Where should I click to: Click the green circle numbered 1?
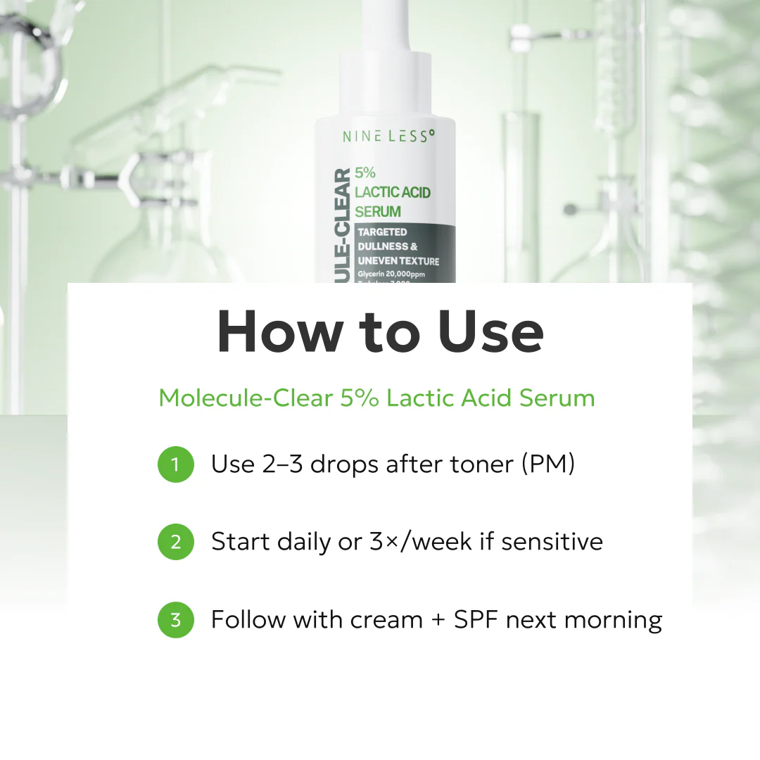(175, 464)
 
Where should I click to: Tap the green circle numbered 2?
(175, 542)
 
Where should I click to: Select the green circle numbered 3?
(175, 620)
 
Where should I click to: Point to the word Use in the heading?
(490, 331)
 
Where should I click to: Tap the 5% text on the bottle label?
(366, 172)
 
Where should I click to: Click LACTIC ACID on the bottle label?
(393, 192)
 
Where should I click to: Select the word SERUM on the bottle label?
(378, 211)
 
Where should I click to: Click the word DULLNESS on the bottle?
(382, 246)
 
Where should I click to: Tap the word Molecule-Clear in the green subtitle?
(246, 398)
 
